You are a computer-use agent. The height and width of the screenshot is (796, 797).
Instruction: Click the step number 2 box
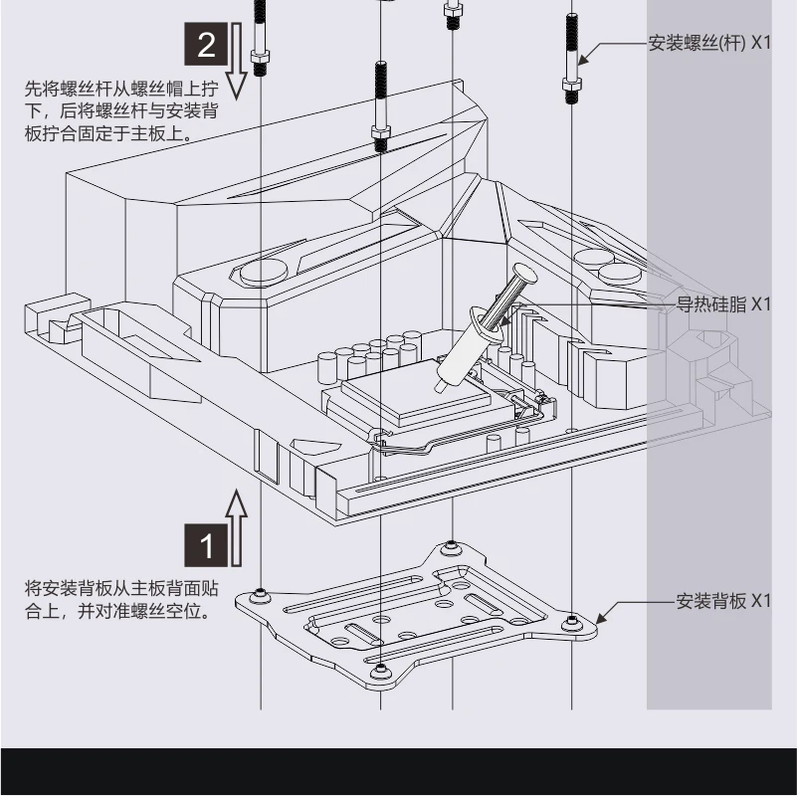pyautogui.click(x=206, y=45)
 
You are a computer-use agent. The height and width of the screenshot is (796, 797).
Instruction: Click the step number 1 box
pyautogui.click(x=206, y=546)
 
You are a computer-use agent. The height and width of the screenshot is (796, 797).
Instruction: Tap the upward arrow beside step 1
pyautogui.click(x=236, y=527)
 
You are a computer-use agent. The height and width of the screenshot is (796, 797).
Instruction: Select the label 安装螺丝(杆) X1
pyautogui.click(x=708, y=44)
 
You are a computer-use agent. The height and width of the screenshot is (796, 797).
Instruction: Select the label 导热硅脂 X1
pyautogui.click(x=723, y=303)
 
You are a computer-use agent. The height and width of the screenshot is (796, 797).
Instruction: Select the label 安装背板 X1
pyautogui.click(x=723, y=600)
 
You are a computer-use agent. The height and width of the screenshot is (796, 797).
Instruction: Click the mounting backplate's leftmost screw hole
pyautogui.click(x=261, y=594)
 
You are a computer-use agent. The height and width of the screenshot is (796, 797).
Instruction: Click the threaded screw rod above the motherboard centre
pyautogui.click(x=381, y=104)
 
